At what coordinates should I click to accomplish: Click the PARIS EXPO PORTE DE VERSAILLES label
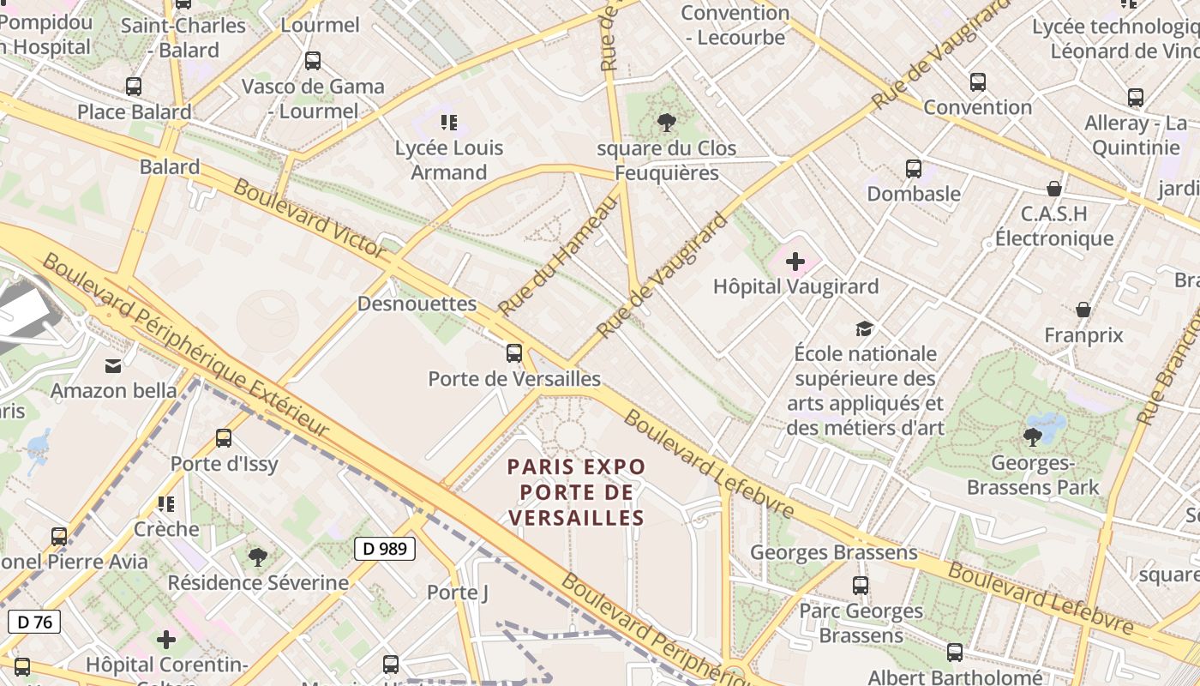click(x=575, y=492)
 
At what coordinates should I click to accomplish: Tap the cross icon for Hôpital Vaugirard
click(x=795, y=261)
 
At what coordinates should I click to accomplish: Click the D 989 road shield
click(x=385, y=549)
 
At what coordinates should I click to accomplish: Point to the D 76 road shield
click(x=34, y=622)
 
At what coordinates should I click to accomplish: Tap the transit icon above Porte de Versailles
click(x=514, y=352)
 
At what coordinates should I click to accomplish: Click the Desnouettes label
click(x=417, y=304)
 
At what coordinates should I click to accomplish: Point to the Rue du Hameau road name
click(x=558, y=255)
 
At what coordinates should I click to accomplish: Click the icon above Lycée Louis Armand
click(x=449, y=123)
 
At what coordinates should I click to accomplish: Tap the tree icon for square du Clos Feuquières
click(x=667, y=123)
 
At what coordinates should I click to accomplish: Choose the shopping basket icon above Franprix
click(x=1083, y=310)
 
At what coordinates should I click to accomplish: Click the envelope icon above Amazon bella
click(x=113, y=366)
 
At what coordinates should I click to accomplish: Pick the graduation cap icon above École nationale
click(x=865, y=328)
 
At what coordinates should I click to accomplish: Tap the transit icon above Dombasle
click(x=914, y=169)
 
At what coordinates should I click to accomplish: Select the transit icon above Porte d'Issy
click(x=224, y=438)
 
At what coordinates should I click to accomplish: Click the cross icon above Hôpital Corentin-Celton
click(x=166, y=640)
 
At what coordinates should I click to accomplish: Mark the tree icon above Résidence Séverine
click(x=258, y=557)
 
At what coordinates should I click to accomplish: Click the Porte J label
click(x=458, y=593)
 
